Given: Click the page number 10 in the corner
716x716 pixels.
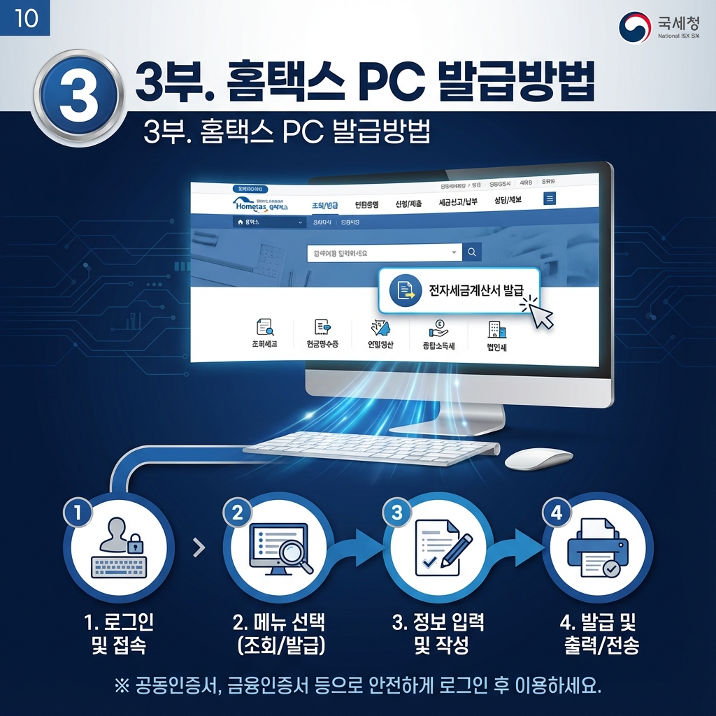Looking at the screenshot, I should coord(26,18).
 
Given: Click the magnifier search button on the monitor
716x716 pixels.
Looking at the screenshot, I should coord(473,252).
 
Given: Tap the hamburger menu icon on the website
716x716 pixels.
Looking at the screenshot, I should coord(550,199).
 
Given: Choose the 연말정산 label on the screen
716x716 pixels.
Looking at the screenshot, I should coord(380,345).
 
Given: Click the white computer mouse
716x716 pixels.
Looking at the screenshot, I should coord(538,459).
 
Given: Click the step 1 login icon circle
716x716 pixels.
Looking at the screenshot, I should coord(118,549).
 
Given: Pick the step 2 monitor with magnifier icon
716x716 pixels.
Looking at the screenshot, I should coord(278,549).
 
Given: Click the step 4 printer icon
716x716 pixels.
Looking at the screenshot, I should coord(597,549).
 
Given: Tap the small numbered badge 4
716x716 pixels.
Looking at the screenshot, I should coord(557,512).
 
